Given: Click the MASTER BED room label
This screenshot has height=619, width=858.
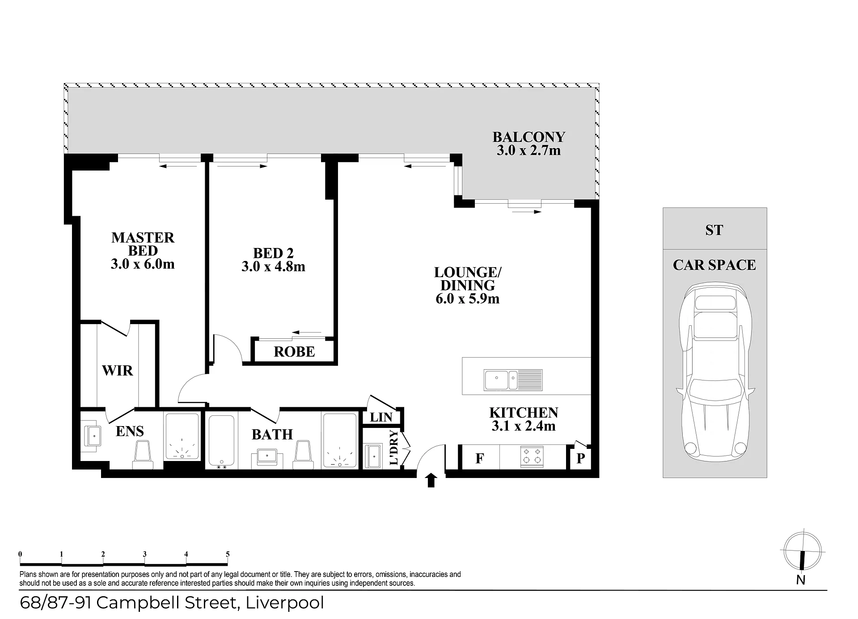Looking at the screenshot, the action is click(143, 244).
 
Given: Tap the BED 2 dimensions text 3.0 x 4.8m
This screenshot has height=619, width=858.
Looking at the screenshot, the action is click(273, 267).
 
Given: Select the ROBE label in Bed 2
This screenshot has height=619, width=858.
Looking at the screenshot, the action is click(294, 352).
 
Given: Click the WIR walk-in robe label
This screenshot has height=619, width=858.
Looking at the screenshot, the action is click(118, 371).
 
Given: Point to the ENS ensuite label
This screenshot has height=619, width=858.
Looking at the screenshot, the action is click(130, 431).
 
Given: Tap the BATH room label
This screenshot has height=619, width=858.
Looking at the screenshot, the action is click(272, 434).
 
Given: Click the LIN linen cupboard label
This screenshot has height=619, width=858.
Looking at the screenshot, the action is click(381, 417).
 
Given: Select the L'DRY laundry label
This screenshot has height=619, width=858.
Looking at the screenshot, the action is click(394, 447).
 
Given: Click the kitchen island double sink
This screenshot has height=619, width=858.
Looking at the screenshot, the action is click(513, 380).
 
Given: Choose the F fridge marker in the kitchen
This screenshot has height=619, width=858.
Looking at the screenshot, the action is click(480, 458).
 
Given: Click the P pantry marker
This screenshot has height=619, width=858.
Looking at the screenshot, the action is click(580, 458).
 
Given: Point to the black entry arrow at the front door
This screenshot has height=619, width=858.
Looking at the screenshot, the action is click(431, 480).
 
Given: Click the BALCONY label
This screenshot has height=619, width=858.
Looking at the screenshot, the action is click(529, 137).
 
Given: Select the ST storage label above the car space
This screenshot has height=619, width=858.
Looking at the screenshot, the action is click(714, 230).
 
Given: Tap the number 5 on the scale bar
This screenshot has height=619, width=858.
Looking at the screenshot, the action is click(228, 554).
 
